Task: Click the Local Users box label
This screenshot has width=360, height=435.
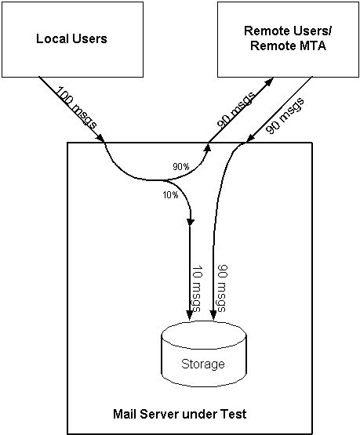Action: (x=71, y=38)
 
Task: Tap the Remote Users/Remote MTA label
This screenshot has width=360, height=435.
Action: (x=288, y=38)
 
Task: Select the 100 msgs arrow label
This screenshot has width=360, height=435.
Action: (x=77, y=107)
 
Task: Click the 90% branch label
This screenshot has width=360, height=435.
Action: (x=181, y=167)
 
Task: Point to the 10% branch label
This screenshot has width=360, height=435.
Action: (x=170, y=195)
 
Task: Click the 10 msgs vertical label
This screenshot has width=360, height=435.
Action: (x=198, y=288)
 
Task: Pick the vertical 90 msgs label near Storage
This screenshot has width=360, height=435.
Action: (x=222, y=288)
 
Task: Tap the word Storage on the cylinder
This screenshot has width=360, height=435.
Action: (x=203, y=364)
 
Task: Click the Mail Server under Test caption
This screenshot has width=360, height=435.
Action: (x=180, y=414)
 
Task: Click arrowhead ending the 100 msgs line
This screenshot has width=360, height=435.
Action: (x=100, y=138)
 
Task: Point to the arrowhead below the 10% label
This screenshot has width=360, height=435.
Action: (x=191, y=223)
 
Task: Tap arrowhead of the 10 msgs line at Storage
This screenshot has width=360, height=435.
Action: (x=190, y=315)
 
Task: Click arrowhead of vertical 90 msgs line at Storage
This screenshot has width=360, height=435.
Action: (x=213, y=315)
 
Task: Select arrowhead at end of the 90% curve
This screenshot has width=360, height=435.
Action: (x=207, y=147)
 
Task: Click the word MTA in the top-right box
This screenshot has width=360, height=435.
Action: (x=312, y=45)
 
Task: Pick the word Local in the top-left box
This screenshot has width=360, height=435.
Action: (x=52, y=38)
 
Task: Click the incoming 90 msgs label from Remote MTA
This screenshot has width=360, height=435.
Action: (x=285, y=116)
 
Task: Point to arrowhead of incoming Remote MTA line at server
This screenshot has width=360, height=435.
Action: (x=251, y=139)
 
